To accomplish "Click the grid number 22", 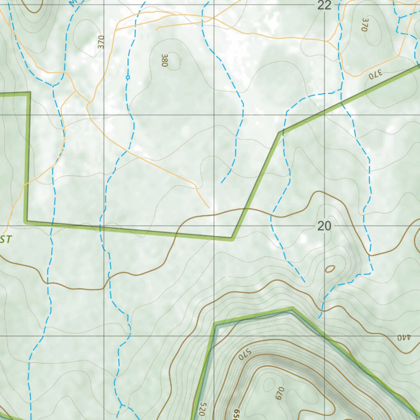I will pyautogui.click(x=324, y=5).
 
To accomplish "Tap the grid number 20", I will pyautogui.click(x=324, y=226).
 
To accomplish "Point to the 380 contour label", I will pyautogui.click(x=165, y=60).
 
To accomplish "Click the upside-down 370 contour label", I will pyautogui.click(x=375, y=73).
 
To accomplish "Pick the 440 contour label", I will pyautogui.click(x=404, y=337).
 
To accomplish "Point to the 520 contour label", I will pyautogui.click(x=202, y=409).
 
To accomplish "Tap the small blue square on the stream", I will pyautogui.click(x=128, y=77).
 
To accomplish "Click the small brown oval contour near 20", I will pyautogui.click(x=330, y=269).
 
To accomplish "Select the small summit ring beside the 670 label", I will pyautogui.click(x=269, y=384).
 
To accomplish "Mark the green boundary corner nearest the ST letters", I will pyautogui.click(x=27, y=221).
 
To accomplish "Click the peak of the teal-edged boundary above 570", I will pyautogui.click(x=292, y=309).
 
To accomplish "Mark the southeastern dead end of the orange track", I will pyautogui.click(x=209, y=208).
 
